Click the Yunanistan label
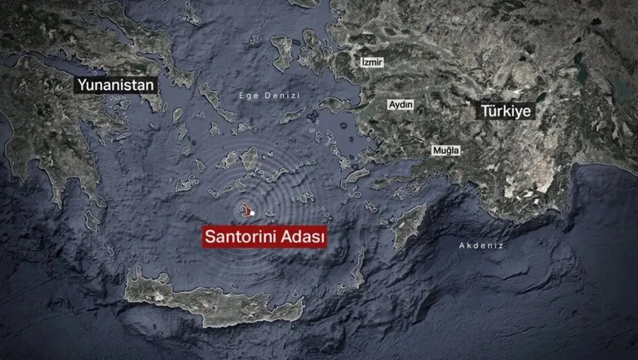pyautogui.click(x=116, y=86)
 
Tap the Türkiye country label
pyautogui.click(x=505, y=110)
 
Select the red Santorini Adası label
pyautogui.click(x=264, y=236)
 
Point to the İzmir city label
pyautogui.click(x=371, y=62)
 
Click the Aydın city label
pyautogui.click(x=401, y=105)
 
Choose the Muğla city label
pyautogui.click(x=446, y=150)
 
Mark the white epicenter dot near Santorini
pyautogui.click(x=252, y=213)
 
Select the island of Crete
pyautogui.click(x=213, y=299)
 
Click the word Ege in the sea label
pyautogui.click(x=247, y=95)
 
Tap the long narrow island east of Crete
pyautogui.click(x=358, y=267)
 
